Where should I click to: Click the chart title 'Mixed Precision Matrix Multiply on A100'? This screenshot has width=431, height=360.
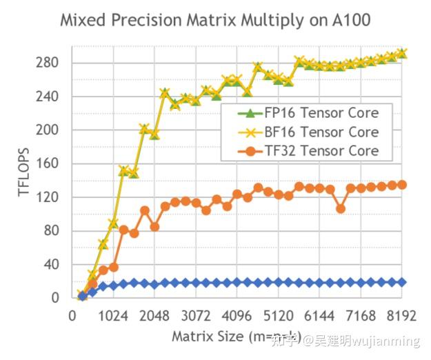click(x=215, y=20)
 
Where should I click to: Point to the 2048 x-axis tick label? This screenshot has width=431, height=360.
click(x=154, y=316)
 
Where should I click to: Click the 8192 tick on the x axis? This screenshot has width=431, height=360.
click(x=402, y=316)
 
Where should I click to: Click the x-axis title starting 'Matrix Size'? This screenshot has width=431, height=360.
click(x=228, y=337)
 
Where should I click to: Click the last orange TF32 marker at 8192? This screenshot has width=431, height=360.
click(x=402, y=184)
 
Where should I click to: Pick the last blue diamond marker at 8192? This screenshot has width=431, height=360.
click(x=402, y=282)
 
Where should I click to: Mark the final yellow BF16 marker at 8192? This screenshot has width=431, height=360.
click(x=402, y=52)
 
